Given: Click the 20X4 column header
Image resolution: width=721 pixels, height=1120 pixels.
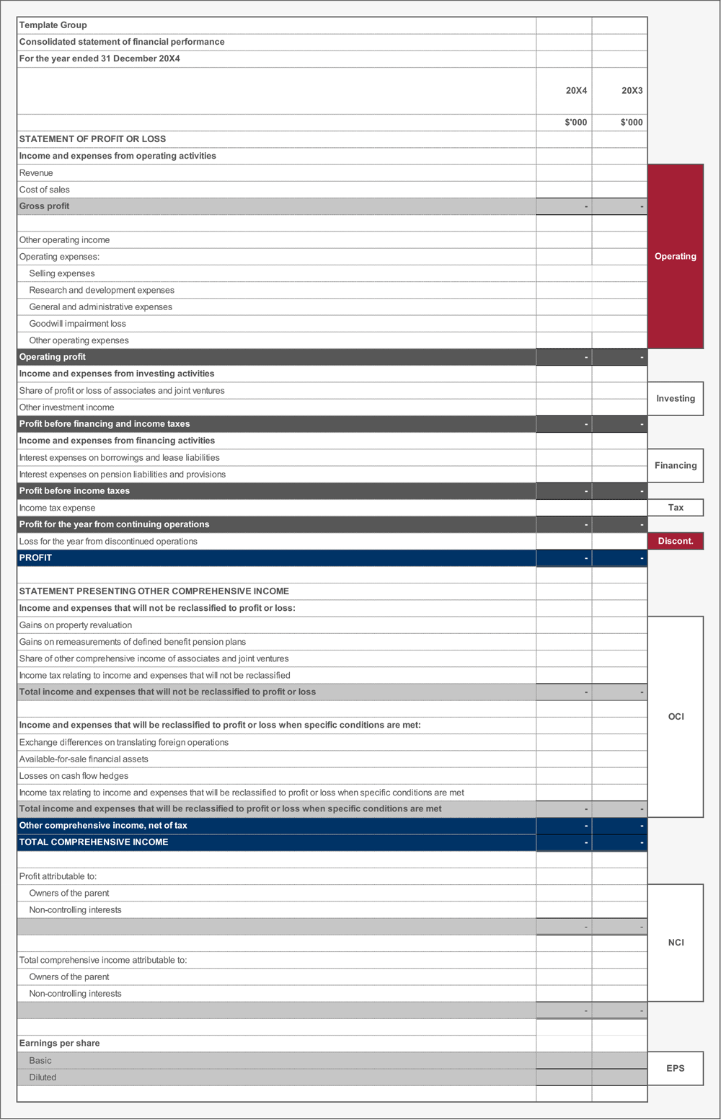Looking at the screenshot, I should coord(576,91).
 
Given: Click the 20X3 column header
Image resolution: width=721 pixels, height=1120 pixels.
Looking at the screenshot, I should coord(632,91).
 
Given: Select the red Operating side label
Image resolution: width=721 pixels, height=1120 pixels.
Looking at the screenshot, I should coord(676,257).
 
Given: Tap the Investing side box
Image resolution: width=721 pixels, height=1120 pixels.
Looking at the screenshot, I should coord(676,399).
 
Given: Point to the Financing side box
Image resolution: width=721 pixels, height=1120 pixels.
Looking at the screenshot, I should coord(676,466).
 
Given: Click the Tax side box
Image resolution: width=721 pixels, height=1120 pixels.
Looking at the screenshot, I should coord(676,508).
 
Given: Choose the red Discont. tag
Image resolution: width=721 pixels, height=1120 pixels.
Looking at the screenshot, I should coord(676,542).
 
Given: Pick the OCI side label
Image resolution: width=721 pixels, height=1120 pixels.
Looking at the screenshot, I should coord(676,717).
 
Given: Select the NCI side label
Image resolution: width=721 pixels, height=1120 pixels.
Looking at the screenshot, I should coord(676,943).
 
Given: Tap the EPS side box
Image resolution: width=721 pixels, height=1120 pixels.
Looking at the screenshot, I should coord(676,1069).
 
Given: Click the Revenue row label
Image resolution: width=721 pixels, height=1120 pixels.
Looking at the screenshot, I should coord(36,173).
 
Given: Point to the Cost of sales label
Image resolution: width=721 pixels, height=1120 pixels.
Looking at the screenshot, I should coord(45,190).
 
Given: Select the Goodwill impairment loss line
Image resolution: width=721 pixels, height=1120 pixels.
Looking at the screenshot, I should coord(77,324).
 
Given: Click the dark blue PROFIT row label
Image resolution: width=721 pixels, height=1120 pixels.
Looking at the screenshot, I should coord(35,558).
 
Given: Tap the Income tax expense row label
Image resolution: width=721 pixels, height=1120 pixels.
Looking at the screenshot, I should coord(57,508).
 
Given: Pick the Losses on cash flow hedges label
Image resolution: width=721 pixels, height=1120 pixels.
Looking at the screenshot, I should coord(74,776).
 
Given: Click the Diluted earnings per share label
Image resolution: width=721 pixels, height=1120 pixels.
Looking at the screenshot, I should coord(43,1077).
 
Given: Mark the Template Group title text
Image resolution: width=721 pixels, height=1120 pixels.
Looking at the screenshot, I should coord(53,25).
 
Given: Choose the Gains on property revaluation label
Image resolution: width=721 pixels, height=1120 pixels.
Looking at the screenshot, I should coord(76,625).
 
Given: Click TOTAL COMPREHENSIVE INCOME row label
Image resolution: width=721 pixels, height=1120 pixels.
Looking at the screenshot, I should coord(94,842).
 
